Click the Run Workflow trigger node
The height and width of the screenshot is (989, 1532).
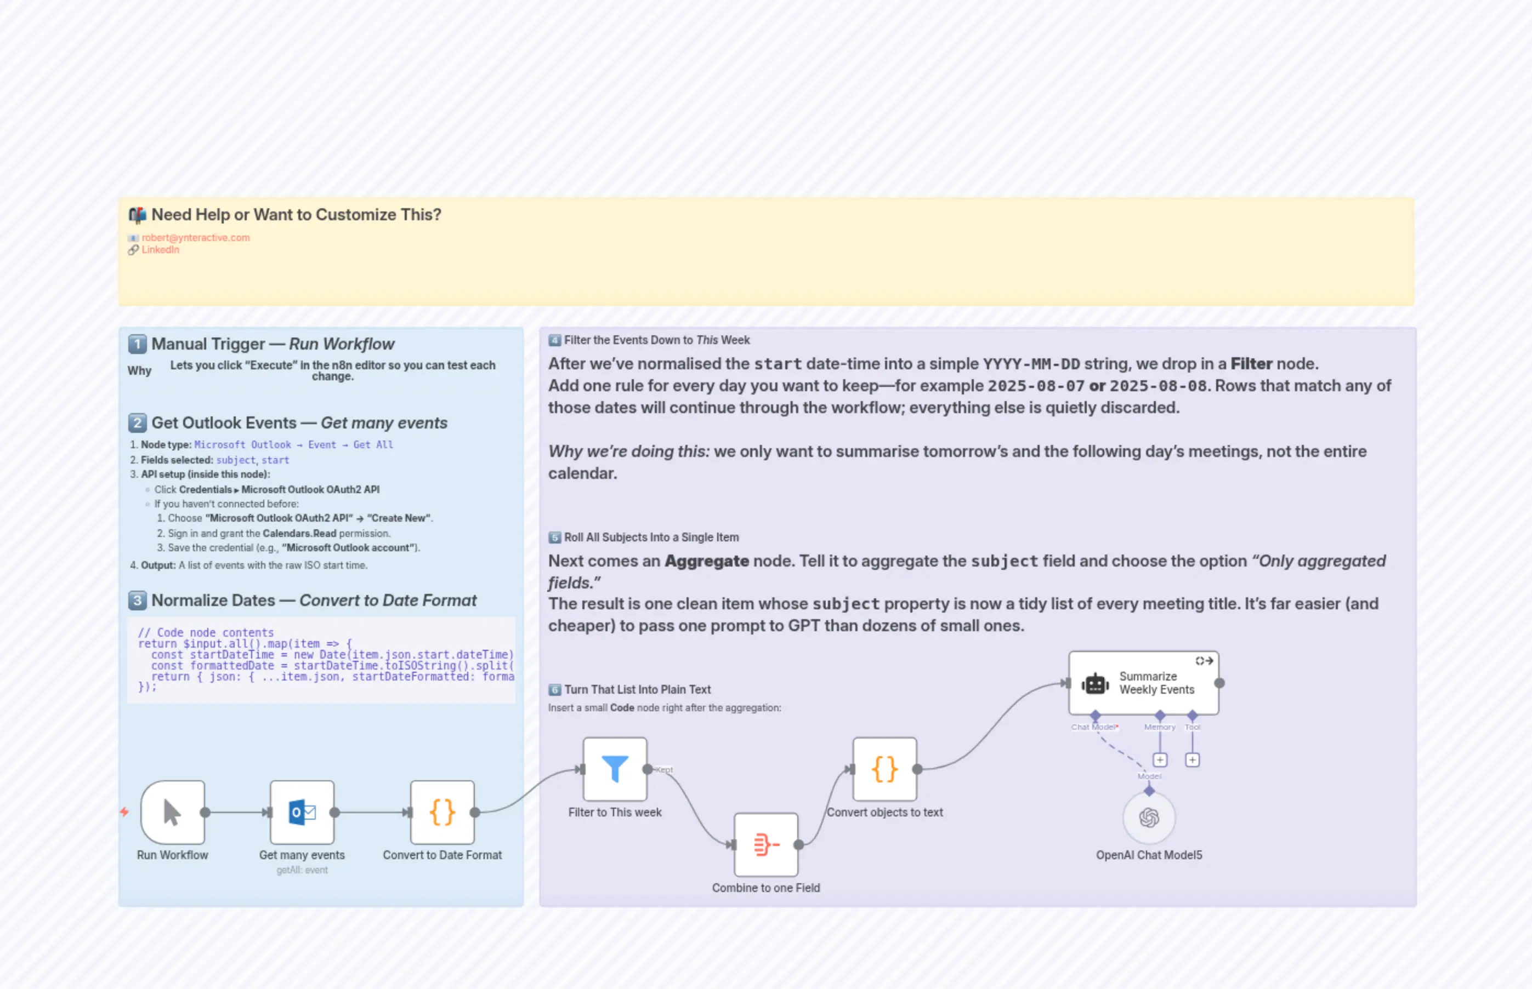point(172,813)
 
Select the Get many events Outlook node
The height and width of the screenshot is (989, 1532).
point(302,813)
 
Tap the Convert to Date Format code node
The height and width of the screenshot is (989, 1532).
point(442,813)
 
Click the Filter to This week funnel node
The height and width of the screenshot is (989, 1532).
point(614,769)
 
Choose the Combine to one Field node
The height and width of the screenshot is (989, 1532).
point(765,844)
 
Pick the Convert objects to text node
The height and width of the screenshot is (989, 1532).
point(884,769)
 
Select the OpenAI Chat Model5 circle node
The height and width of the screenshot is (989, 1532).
point(1149,818)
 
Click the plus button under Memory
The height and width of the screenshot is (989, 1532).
point(1160,760)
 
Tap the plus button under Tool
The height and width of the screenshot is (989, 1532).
point(1192,760)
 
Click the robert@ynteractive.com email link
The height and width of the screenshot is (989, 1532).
point(195,238)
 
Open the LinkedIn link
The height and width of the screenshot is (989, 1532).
point(160,250)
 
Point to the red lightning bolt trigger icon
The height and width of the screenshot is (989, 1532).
point(124,812)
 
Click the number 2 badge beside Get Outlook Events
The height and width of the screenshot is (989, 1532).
point(137,422)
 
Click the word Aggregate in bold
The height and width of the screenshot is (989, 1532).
point(706,561)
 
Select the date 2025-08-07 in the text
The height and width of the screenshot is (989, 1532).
point(1036,386)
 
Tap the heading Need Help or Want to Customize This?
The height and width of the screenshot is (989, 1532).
point(296,214)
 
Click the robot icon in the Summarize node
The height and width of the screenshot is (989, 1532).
point(1095,684)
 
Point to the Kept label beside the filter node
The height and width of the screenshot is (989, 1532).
point(665,769)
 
